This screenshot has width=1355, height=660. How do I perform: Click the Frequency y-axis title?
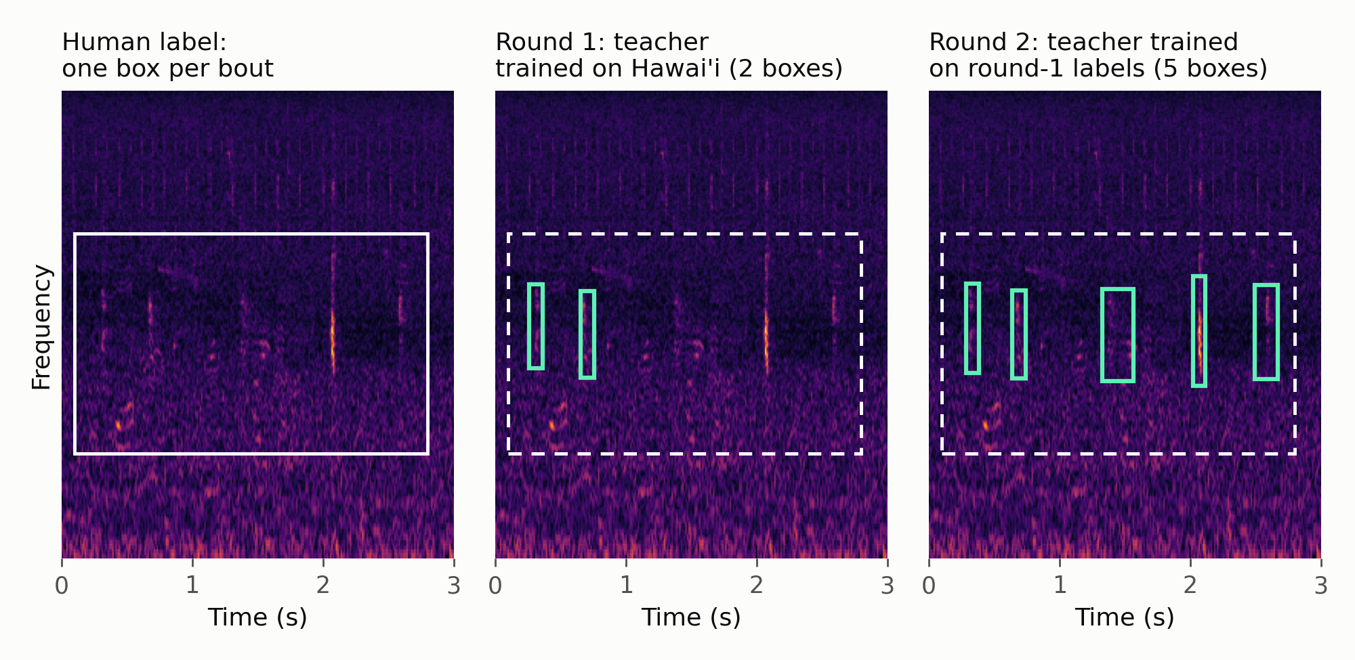41,327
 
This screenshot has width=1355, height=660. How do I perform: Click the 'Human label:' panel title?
144,42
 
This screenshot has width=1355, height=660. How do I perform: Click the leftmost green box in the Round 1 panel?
528,326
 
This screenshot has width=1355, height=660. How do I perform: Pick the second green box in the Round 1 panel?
580,334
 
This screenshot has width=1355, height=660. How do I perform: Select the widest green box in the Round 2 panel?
1102,335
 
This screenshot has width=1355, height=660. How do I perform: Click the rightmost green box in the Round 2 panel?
1255,332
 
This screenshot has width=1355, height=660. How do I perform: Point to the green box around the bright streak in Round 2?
1193,331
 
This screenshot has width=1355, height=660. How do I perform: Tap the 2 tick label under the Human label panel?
323,585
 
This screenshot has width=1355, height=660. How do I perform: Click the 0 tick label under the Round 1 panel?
495,585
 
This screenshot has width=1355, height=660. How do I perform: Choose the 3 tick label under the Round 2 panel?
1320,585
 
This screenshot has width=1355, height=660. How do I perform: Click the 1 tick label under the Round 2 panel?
1060,585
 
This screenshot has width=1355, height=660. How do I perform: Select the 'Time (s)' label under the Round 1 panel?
691,617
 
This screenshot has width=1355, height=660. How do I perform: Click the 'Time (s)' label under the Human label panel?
257,617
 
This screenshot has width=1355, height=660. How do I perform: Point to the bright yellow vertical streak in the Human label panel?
333,335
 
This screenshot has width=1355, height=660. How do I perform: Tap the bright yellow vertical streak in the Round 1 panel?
766,335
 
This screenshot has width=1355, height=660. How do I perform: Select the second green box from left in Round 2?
1012,334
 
